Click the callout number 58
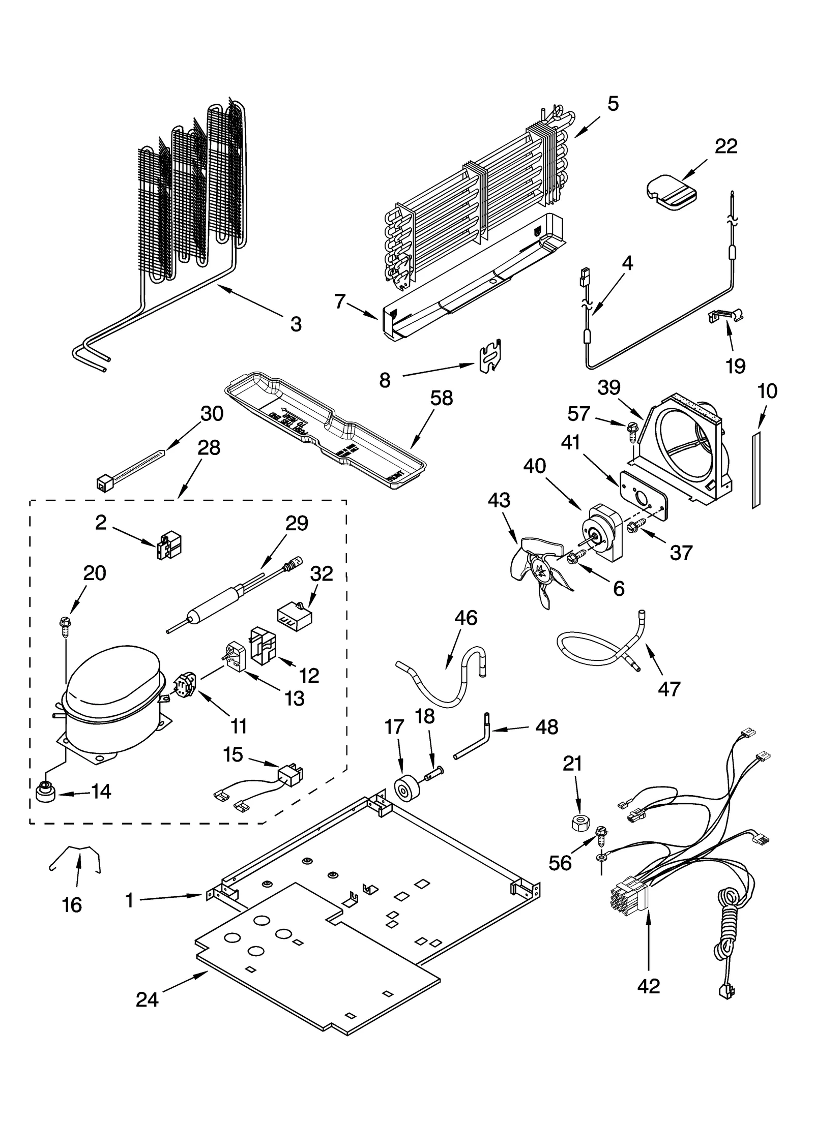441,398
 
